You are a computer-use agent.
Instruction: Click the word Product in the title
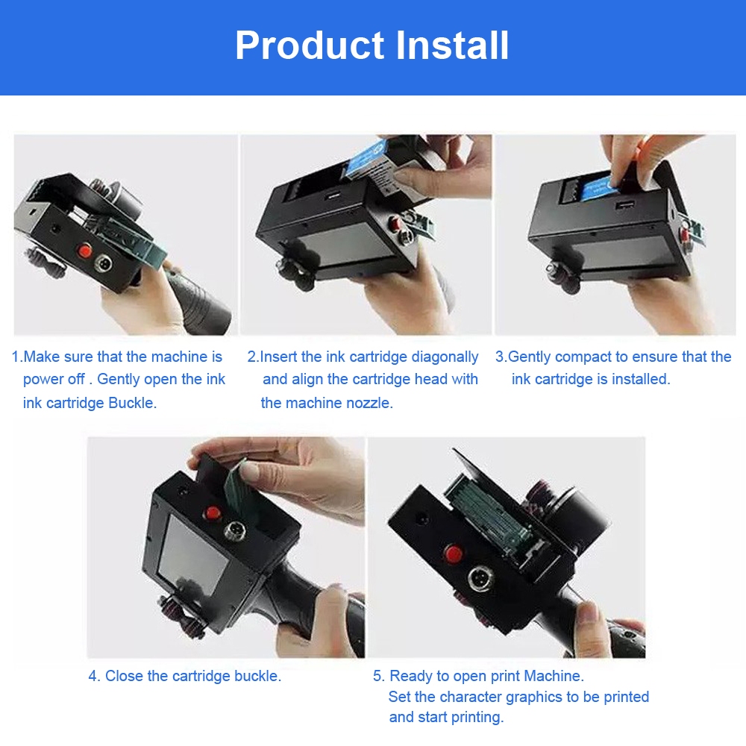pyautogui.click(x=310, y=46)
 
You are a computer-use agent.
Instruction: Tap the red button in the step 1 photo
pyautogui.click(x=85, y=250)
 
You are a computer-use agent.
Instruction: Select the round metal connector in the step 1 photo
pyautogui.click(x=103, y=263)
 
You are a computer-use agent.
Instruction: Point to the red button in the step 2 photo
pyautogui.click(x=395, y=222)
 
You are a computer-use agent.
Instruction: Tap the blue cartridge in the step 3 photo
pyautogui.click(x=596, y=188)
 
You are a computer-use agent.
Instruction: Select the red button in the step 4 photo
pyautogui.click(x=212, y=513)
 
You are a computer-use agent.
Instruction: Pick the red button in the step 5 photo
pyautogui.click(x=454, y=554)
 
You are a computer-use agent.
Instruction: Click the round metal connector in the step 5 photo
pyautogui.click(x=477, y=578)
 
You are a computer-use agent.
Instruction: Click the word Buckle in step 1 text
pyautogui.click(x=132, y=403)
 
